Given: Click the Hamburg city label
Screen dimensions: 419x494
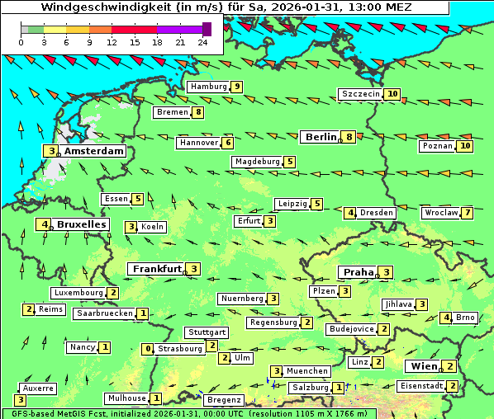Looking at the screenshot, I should [x=208, y=87].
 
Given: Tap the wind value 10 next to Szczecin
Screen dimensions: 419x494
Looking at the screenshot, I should [x=392, y=94].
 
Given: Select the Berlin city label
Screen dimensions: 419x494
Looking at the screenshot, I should [x=319, y=137].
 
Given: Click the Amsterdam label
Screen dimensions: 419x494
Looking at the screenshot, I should [x=93, y=151].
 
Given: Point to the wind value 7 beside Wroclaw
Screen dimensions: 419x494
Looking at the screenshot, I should [x=468, y=213].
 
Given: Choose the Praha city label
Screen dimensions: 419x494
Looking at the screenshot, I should [x=359, y=272].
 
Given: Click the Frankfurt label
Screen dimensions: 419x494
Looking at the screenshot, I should [x=157, y=269].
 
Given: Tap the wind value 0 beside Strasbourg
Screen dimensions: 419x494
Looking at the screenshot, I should [x=149, y=349].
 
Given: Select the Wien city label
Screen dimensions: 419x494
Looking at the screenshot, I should [x=422, y=366].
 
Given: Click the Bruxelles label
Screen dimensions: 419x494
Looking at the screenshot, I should [x=82, y=224].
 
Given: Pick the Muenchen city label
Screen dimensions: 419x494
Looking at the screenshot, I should [x=308, y=371].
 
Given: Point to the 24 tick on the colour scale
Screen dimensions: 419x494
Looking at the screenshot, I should [x=202, y=42].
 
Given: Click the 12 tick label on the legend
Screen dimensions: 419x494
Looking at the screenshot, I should [x=112, y=42].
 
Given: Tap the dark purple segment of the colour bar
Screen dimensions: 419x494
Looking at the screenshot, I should [x=207, y=29].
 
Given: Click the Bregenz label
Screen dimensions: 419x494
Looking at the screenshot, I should [x=223, y=400].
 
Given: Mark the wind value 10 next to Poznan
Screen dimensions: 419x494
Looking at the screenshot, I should [x=465, y=146].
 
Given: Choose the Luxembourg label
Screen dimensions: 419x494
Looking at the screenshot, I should [x=78, y=293].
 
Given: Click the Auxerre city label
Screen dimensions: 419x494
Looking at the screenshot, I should [x=38, y=388].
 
